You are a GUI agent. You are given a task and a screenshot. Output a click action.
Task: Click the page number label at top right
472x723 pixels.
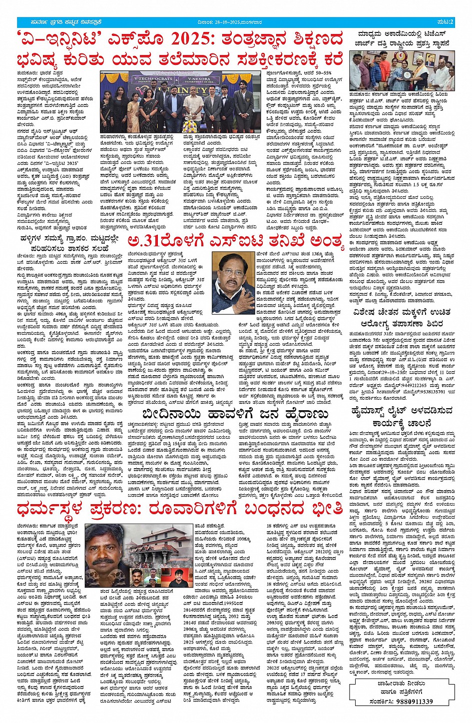tap(446, 21)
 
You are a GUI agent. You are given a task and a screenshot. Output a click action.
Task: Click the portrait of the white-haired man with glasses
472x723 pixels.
tap(233, 283)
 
